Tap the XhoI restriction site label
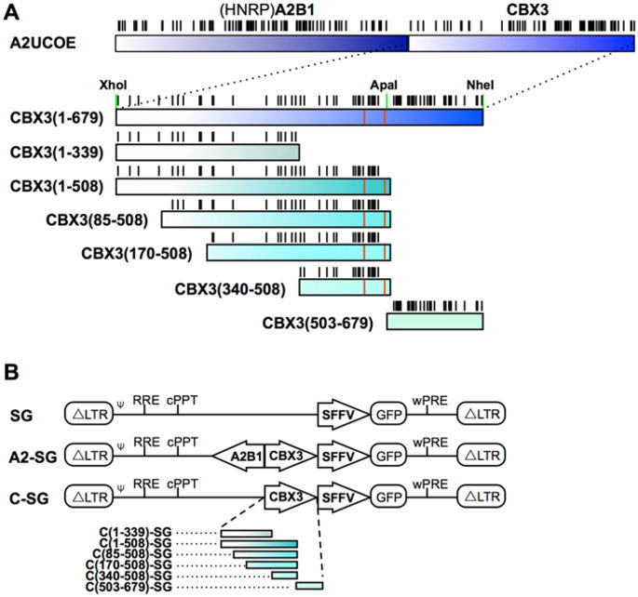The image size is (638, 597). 111,84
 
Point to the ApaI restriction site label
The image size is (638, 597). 384,84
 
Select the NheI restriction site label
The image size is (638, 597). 481,84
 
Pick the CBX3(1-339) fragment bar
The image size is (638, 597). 207,152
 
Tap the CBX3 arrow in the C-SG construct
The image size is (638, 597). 288,499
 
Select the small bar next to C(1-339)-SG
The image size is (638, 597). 246,534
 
